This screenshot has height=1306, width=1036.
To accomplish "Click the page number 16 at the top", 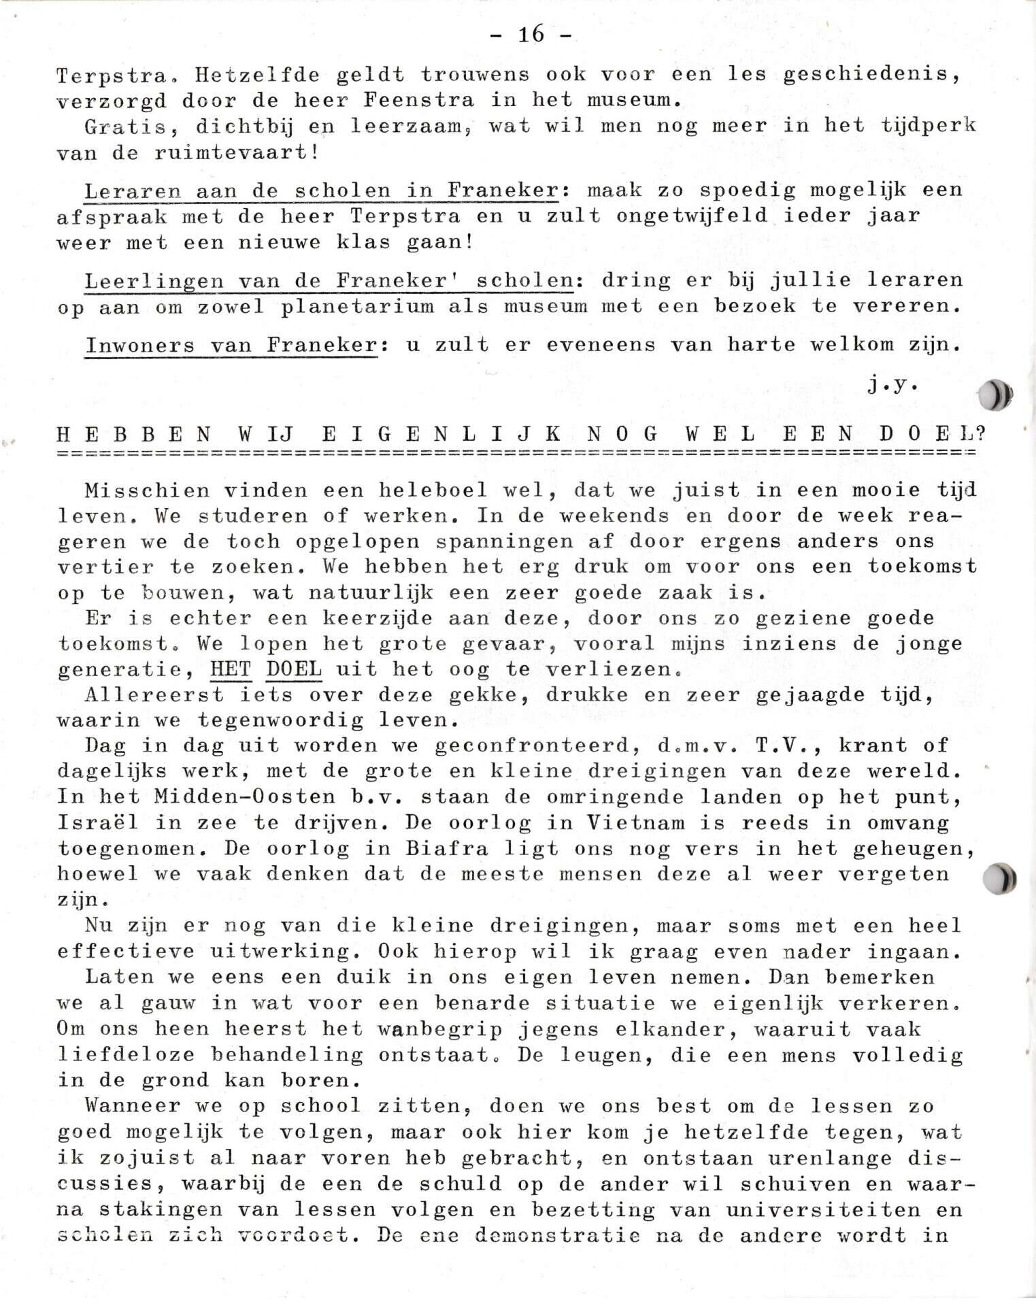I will [531, 34].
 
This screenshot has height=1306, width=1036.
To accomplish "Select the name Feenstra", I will [418, 99].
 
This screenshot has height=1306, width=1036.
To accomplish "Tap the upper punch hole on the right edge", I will [995, 396].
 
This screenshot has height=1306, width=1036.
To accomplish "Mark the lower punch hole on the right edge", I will [999, 880].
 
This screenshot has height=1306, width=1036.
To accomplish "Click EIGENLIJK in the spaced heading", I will [442, 433].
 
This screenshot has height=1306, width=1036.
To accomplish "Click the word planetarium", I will [358, 306].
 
